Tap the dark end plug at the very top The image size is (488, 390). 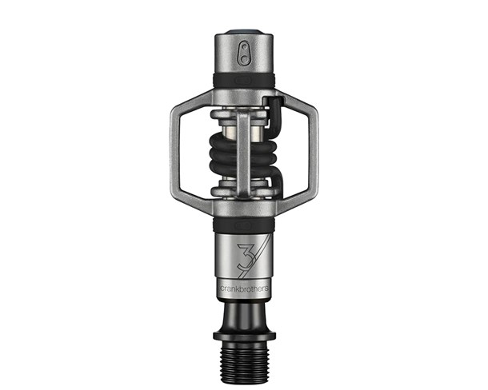[243, 33]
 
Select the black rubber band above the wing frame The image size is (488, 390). [243, 81]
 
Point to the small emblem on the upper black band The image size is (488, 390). [243, 81]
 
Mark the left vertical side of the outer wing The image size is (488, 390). [174, 153]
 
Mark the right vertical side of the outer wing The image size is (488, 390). [313, 153]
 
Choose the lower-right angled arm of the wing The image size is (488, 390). [291, 204]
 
